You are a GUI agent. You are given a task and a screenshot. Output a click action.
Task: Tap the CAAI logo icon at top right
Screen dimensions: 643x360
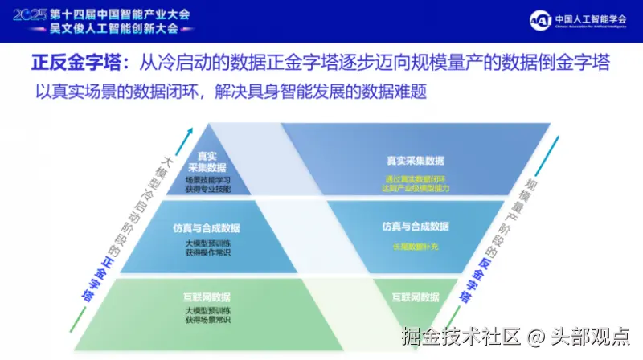click(542, 19)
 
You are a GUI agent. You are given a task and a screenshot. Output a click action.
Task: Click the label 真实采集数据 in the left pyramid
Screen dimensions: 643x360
click(207, 162)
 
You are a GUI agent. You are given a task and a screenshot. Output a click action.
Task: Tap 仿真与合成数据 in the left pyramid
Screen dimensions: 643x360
click(207, 228)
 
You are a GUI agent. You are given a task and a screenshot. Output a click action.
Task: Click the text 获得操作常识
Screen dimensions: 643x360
click(207, 252)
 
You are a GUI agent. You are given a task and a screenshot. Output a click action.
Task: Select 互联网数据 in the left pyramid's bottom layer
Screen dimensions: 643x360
click(207, 298)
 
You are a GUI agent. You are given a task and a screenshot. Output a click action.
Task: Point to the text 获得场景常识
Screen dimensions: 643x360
click(207, 321)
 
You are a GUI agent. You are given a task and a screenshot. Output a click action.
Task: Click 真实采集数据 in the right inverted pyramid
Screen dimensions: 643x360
click(416, 161)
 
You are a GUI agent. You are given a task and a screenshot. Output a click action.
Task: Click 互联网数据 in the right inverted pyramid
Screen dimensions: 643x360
click(415, 297)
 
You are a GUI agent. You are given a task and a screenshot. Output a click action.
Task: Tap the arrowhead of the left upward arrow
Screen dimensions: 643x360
click(190, 126)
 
